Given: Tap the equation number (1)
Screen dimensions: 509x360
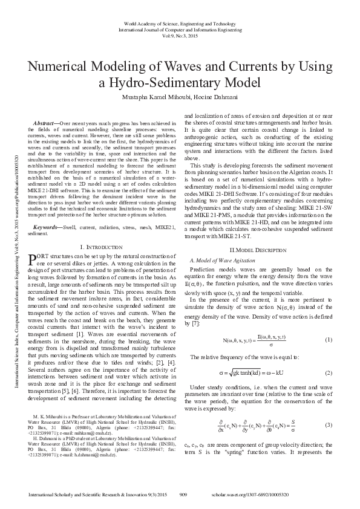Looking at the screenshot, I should [329, 340].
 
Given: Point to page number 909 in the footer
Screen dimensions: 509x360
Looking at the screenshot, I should [184, 494].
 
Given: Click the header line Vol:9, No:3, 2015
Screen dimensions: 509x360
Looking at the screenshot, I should [179, 36].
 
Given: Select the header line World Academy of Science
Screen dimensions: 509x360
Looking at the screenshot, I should [179, 22].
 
